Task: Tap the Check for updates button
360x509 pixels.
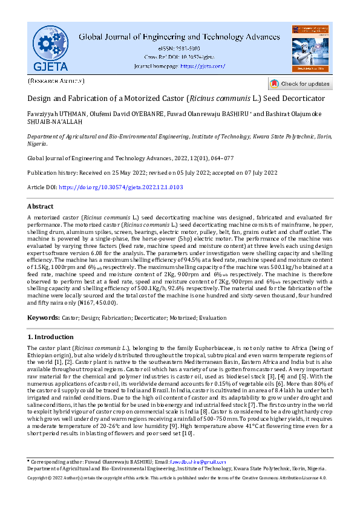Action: pos(300,83)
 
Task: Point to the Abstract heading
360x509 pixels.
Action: pos(41,206)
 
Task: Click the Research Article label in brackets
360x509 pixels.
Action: pos(56,80)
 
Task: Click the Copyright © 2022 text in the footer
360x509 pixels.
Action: pos(48,494)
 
